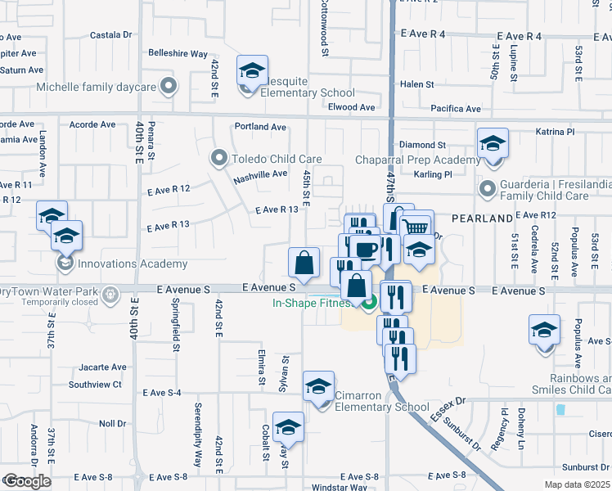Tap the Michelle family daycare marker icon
(169, 86)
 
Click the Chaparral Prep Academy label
(417, 160)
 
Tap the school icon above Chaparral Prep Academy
(493, 144)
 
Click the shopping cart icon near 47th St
(417, 227)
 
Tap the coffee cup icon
(367, 248)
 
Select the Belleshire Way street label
(178, 54)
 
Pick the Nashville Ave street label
(260, 173)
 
